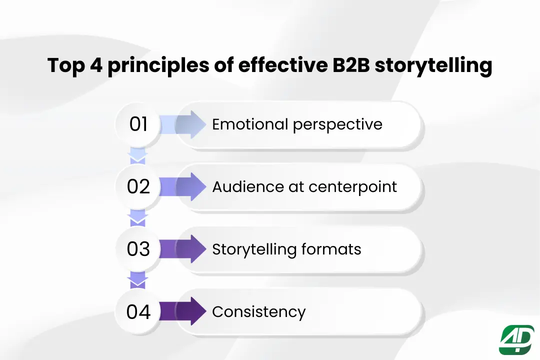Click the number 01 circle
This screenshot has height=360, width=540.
tap(138, 124)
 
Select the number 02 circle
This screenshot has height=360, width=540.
tap(138, 186)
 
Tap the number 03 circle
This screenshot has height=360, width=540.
tap(138, 248)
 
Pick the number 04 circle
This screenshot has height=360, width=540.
tap(138, 311)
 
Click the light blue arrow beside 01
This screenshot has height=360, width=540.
tap(183, 124)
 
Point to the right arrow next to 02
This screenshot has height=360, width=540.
tap(183, 186)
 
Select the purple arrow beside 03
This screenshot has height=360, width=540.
tap(183, 249)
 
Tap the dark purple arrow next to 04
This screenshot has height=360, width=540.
tap(183, 311)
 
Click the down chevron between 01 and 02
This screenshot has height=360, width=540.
tap(138, 156)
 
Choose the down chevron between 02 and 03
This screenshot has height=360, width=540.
tap(138, 218)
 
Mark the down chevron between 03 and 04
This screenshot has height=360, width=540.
tap(138, 280)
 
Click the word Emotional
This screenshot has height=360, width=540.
tap(250, 124)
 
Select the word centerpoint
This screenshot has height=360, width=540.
tap(352, 186)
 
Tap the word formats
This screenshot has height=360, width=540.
tap(331, 248)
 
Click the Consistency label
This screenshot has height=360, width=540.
tap(258, 312)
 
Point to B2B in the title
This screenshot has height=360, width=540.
tap(351, 65)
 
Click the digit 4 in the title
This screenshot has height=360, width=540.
tap(96, 65)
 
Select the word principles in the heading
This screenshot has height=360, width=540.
tap(158, 66)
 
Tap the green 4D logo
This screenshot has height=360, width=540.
tap(516, 339)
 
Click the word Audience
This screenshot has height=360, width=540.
tap(247, 186)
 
